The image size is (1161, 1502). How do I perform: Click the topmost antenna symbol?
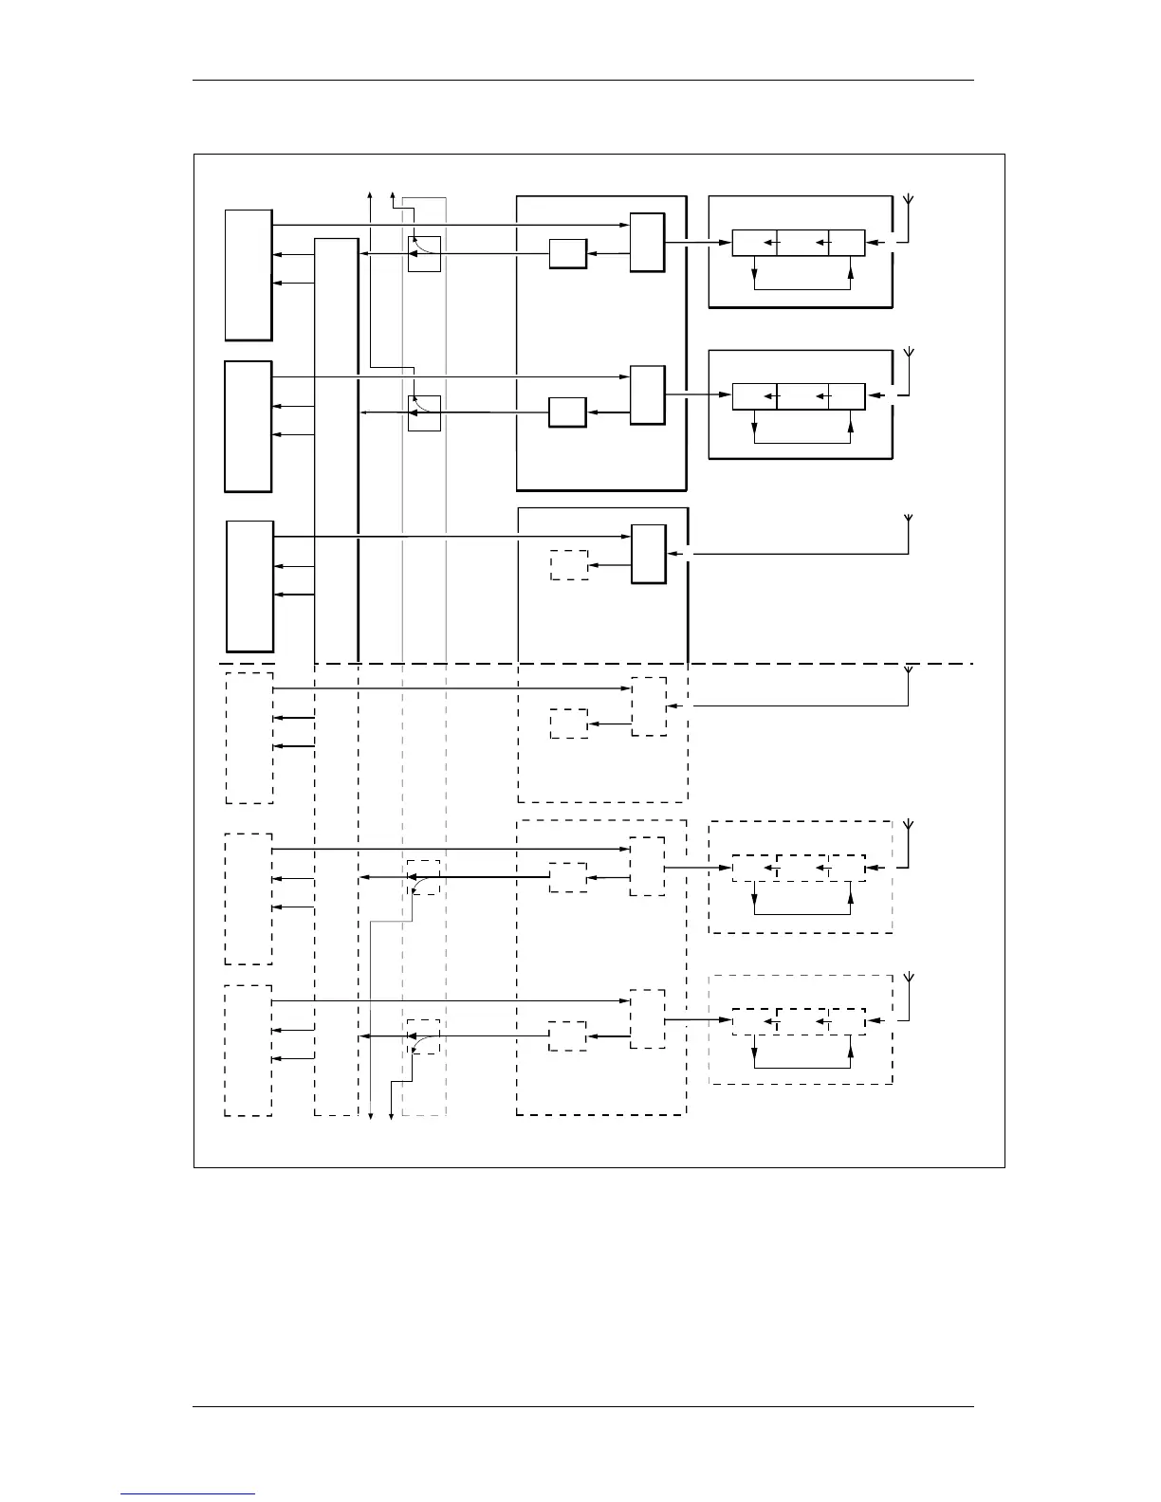point(909,202)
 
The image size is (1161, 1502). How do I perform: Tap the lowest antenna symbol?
point(909,980)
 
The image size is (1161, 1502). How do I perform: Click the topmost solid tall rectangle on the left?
point(249,275)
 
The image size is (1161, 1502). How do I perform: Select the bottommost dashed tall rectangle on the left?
point(249,1051)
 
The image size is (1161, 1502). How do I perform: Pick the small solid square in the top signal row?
point(568,254)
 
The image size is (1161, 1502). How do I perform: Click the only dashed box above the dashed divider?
point(569,565)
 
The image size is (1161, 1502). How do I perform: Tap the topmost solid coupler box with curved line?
point(424,253)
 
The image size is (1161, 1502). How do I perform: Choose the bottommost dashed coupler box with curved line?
point(424,1036)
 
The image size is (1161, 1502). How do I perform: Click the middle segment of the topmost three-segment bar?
point(802,243)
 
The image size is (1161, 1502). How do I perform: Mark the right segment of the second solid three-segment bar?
point(846,395)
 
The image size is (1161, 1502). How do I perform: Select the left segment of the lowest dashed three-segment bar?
point(755,1021)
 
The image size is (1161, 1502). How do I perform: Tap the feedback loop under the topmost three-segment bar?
point(802,287)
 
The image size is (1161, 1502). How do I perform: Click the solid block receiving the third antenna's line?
point(649,554)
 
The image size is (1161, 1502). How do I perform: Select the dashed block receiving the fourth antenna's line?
point(649,706)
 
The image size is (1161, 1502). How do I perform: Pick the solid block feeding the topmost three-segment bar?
point(648,243)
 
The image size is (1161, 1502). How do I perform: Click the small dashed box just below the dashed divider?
point(569,724)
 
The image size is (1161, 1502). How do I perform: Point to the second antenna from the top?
point(909,356)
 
